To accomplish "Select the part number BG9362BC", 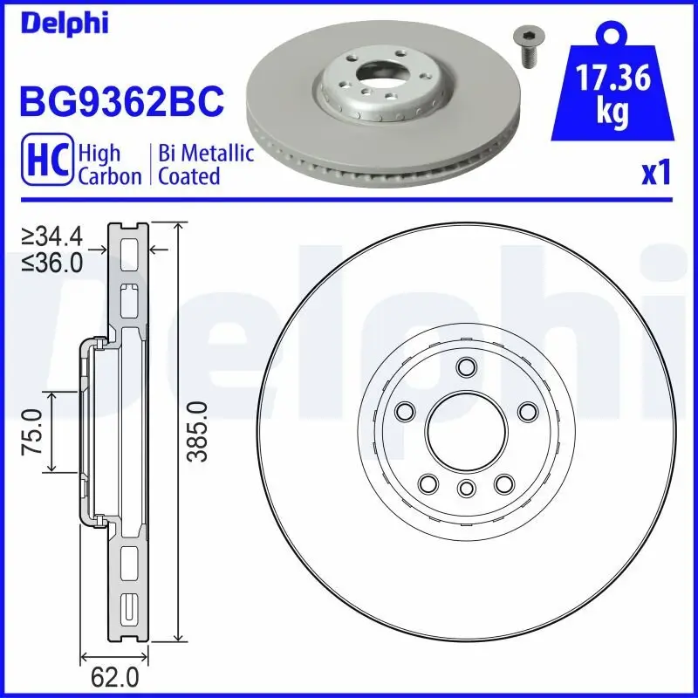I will pyautogui.click(x=121, y=101).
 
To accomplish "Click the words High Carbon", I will pyautogui.click(x=110, y=165).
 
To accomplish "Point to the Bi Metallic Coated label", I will pyautogui.click(x=206, y=165).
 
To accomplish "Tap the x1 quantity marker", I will pyautogui.click(x=655, y=174).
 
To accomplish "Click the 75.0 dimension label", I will pyautogui.click(x=33, y=433).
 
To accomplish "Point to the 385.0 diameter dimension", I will pyautogui.click(x=198, y=433).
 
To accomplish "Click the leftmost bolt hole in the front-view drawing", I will pyautogui.click(x=404, y=411).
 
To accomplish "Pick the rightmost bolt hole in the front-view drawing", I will pyautogui.click(x=527, y=411).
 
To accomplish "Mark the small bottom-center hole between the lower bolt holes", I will pyautogui.click(x=465, y=487).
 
